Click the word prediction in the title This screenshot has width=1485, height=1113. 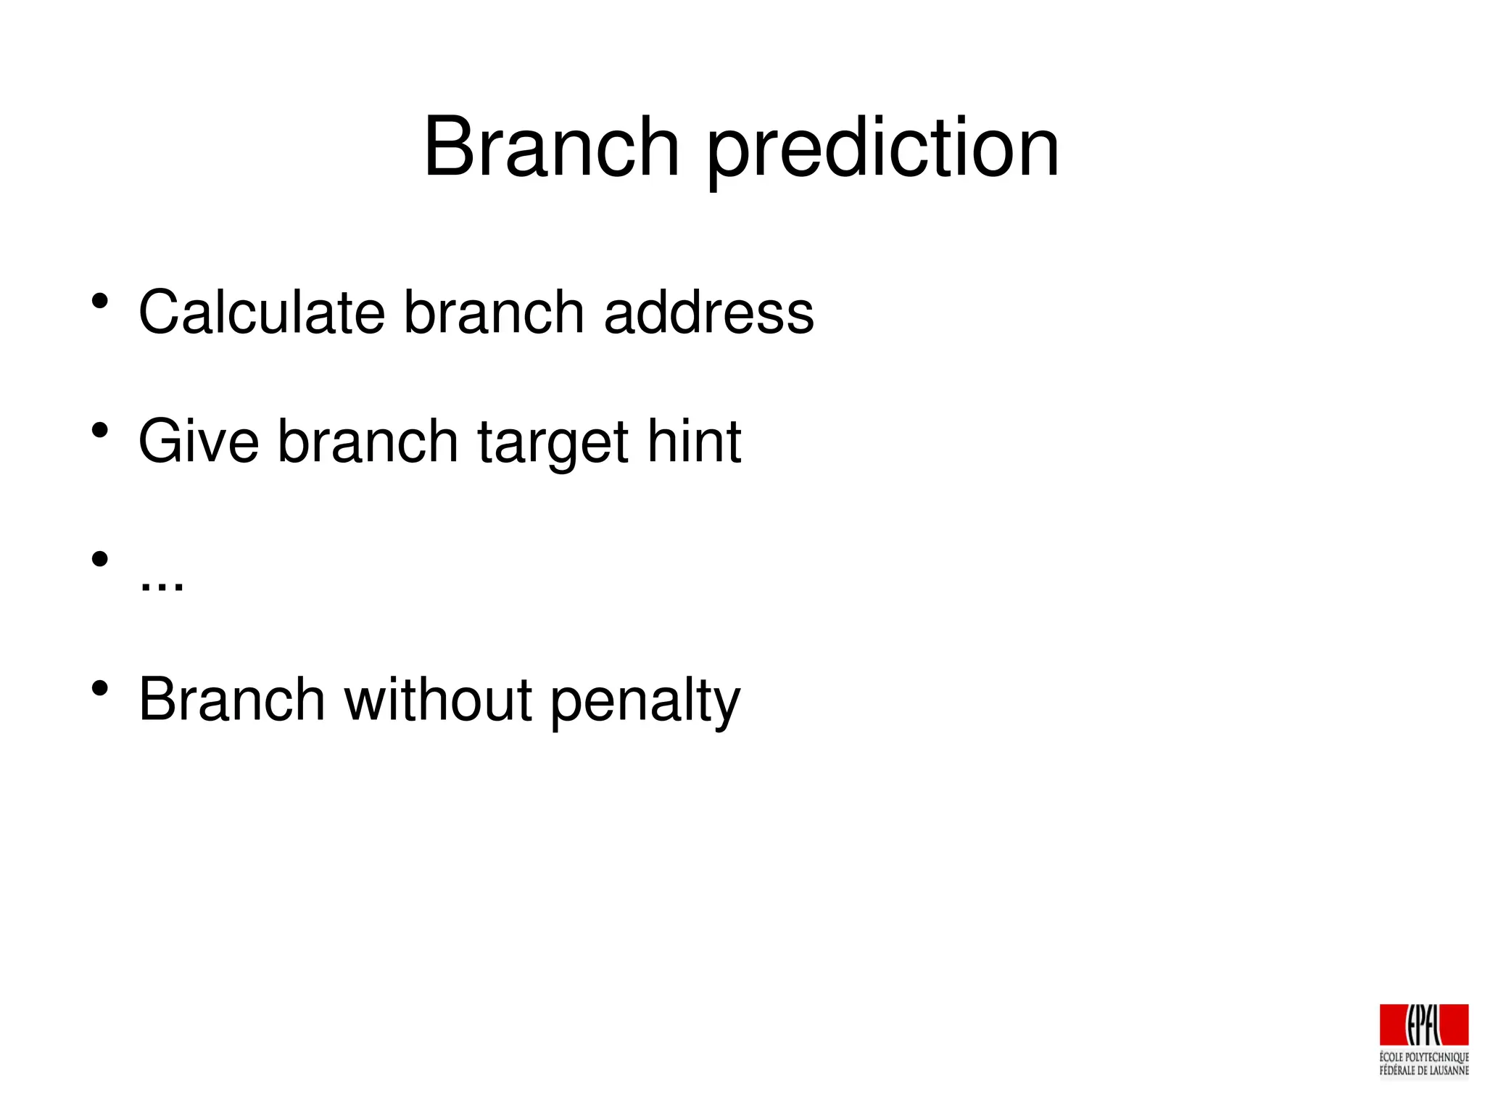pos(882,151)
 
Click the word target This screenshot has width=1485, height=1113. pos(553,444)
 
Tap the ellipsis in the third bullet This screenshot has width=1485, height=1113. pos(161,584)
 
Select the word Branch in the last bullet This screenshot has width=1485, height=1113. pos(231,699)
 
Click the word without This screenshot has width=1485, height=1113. pos(438,699)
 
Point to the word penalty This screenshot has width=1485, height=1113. pos(645,702)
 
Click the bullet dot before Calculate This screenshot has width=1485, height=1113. pos(100,300)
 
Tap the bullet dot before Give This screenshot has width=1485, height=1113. pos(100,430)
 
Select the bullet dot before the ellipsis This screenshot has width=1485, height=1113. pos(100,558)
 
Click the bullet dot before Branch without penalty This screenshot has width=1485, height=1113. pos(100,687)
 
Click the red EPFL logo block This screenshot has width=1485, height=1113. pos(1423,1025)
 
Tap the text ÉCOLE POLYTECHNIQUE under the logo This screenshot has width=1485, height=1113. pos(1423,1057)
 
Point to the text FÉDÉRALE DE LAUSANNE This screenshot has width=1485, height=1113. pos(1423,1070)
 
